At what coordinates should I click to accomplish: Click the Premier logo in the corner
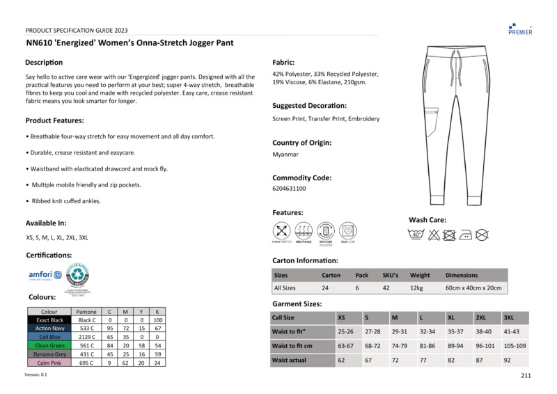[x=520, y=27]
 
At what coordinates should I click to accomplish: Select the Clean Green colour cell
[x=49, y=345]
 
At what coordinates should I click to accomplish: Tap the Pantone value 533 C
[x=87, y=329]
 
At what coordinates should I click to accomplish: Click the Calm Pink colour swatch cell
[x=49, y=363]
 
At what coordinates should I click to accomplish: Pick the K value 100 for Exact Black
[x=158, y=320]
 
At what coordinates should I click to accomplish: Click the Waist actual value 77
[x=423, y=361]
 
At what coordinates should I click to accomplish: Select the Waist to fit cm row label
[x=292, y=346]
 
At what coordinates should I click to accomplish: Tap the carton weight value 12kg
[x=417, y=287]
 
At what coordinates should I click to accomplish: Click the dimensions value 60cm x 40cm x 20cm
[x=473, y=287]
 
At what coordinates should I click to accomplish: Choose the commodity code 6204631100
[x=289, y=189]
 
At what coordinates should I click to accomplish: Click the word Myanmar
[x=285, y=155]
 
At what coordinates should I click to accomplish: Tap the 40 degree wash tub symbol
[x=416, y=235]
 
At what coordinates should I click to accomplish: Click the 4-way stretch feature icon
[x=281, y=231]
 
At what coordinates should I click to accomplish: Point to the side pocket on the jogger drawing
[x=432, y=118]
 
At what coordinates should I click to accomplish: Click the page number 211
[x=525, y=377]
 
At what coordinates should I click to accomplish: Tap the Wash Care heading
[x=427, y=220]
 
